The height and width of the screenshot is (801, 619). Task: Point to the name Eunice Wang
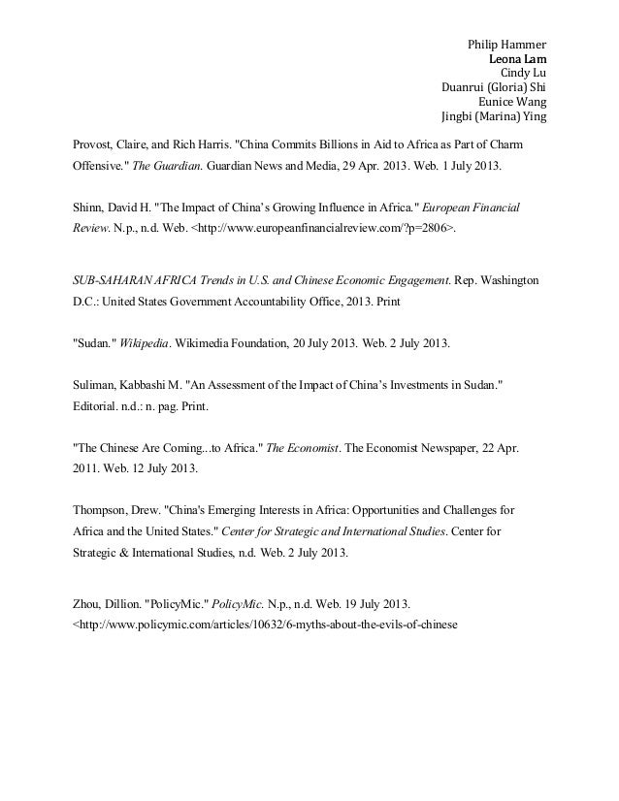coord(513,100)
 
